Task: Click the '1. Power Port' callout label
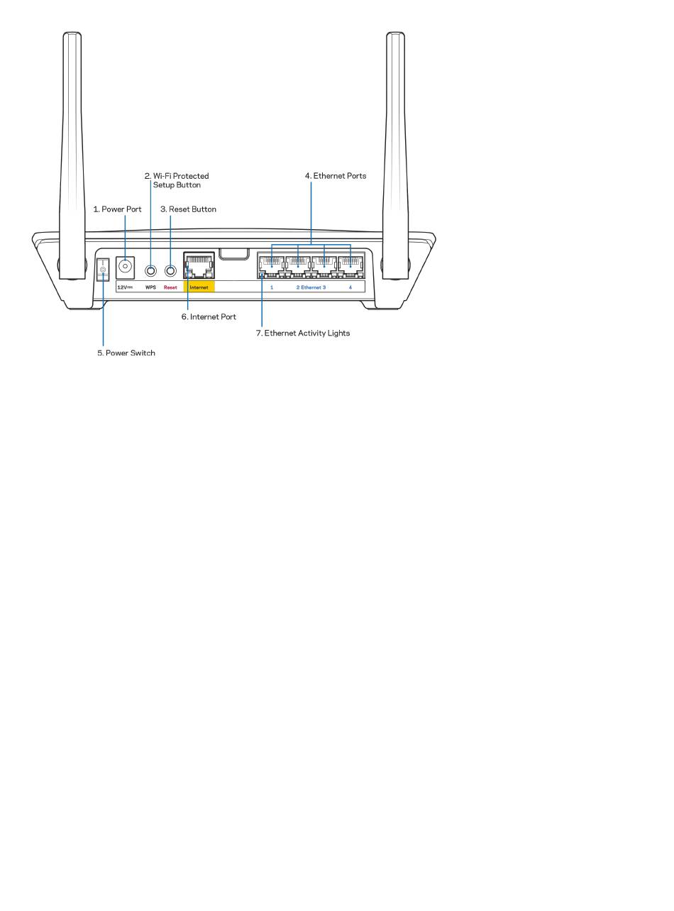pyautogui.click(x=117, y=209)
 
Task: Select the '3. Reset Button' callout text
pyautogui.click(x=188, y=209)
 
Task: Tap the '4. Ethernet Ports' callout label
pyautogui.click(x=336, y=176)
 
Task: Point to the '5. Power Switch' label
pyautogui.click(x=126, y=353)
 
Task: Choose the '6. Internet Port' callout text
pyautogui.click(x=209, y=316)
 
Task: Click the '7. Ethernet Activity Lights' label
pyautogui.click(x=303, y=333)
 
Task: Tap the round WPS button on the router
pyautogui.click(x=150, y=270)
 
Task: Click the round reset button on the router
pyautogui.click(x=170, y=270)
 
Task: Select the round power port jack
pyautogui.click(x=126, y=267)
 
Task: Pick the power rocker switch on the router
pyautogui.click(x=103, y=270)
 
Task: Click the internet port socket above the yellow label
pyautogui.click(x=199, y=266)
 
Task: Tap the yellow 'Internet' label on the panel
pyautogui.click(x=199, y=287)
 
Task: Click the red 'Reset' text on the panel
pyautogui.click(x=170, y=287)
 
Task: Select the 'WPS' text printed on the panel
pyautogui.click(x=150, y=287)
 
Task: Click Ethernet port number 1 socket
pyautogui.click(x=272, y=267)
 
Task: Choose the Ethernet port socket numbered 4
pyautogui.click(x=350, y=267)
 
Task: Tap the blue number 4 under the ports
pyautogui.click(x=350, y=287)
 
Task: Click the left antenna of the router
pyautogui.click(x=72, y=155)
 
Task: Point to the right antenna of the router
pyautogui.click(x=395, y=155)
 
